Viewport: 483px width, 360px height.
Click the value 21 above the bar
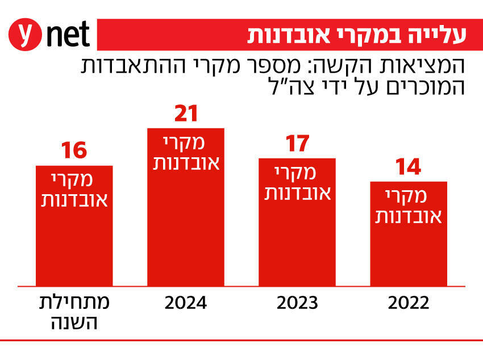[x=186, y=114]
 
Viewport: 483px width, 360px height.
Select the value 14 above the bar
[x=409, y=168]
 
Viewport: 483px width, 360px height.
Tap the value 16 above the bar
[x=74, y=152]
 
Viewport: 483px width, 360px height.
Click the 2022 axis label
[x=409, y=303]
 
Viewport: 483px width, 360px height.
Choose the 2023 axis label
[x=297, y=303]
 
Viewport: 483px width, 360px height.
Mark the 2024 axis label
[x=186, y=303]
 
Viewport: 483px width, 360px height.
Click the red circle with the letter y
[x=25, y=35]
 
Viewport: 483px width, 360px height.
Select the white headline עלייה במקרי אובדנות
[x=356, y=35]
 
